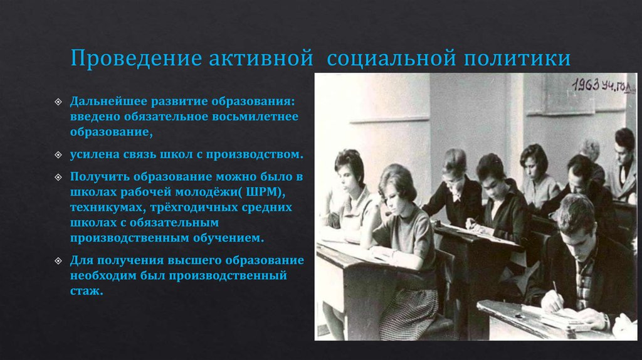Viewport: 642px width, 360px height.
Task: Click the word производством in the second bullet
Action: [258, 153]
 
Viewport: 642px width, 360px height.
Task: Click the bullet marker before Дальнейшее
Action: [58, 101]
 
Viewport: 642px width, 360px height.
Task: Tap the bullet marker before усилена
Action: [58, 154]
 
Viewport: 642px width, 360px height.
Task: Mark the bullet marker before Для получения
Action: [58, 260]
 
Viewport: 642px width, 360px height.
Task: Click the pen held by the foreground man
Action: [555, 290]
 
